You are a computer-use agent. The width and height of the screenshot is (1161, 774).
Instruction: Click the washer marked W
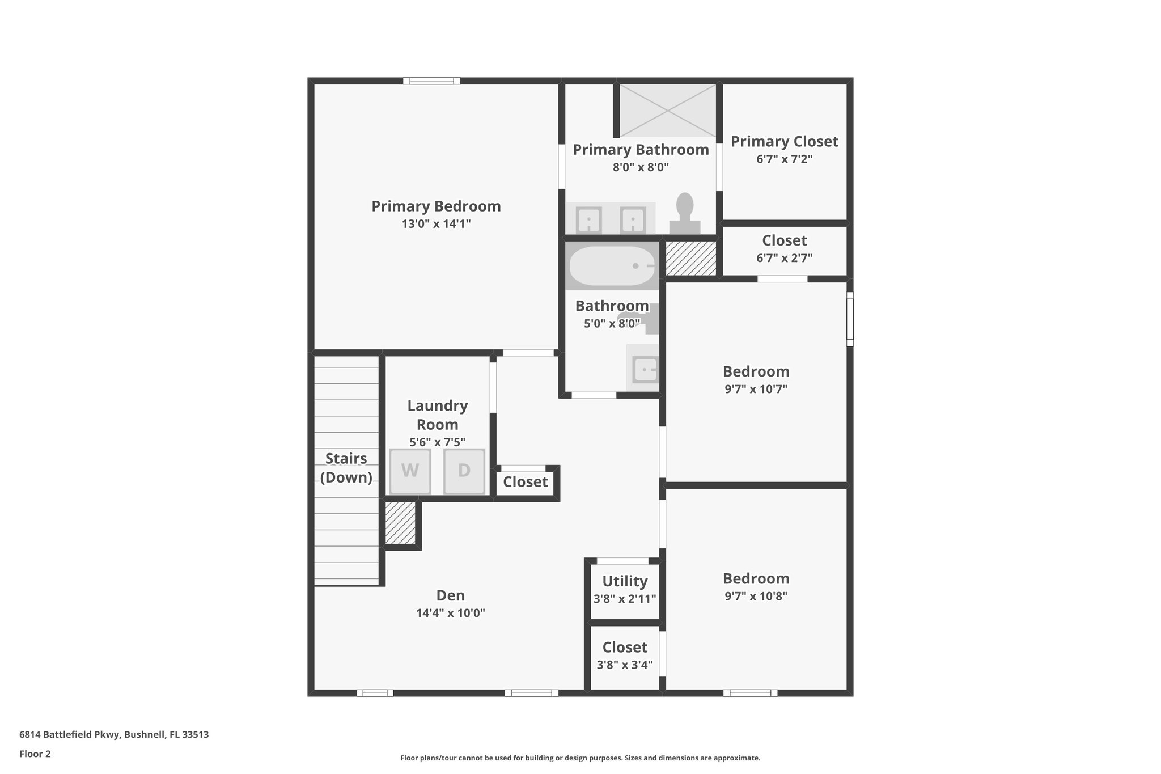(x=410, y=471)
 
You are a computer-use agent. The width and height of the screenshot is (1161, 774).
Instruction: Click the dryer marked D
(x=464, y=471)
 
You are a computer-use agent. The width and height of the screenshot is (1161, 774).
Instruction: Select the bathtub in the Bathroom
(x=612, y=266)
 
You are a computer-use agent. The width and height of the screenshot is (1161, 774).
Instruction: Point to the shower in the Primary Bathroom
(x=668, y=111)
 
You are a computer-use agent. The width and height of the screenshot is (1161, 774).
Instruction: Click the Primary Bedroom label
(x=436, y=206)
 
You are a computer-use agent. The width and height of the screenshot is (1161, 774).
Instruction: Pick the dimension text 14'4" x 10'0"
(x=450, y=613)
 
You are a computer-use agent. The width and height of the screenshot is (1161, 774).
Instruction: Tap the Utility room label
(x=625, y=581)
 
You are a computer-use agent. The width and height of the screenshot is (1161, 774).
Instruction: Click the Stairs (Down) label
(x=346, y=468)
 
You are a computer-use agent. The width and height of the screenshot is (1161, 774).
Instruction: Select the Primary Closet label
(x=784, y=141)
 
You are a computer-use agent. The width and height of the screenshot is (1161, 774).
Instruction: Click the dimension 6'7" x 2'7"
(x=784, y=258)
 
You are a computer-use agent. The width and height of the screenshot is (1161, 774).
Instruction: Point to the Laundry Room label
(x=437, y=415)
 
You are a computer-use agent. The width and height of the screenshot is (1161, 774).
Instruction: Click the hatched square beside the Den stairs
(x=400, y=523)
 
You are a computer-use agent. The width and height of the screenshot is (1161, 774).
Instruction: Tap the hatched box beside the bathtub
(x=690, y=258)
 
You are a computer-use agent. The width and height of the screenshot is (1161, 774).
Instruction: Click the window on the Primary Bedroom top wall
(x=431, y=81)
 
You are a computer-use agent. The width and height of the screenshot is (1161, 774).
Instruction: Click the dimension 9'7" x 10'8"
(x=756, y=596)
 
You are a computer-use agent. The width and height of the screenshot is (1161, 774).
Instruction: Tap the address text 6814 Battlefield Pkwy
(x=114, y=735)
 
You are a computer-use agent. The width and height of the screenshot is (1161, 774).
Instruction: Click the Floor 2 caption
(x=35, y=754)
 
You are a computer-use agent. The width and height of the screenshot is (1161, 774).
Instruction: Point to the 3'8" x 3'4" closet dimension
(x=625, y=665)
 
